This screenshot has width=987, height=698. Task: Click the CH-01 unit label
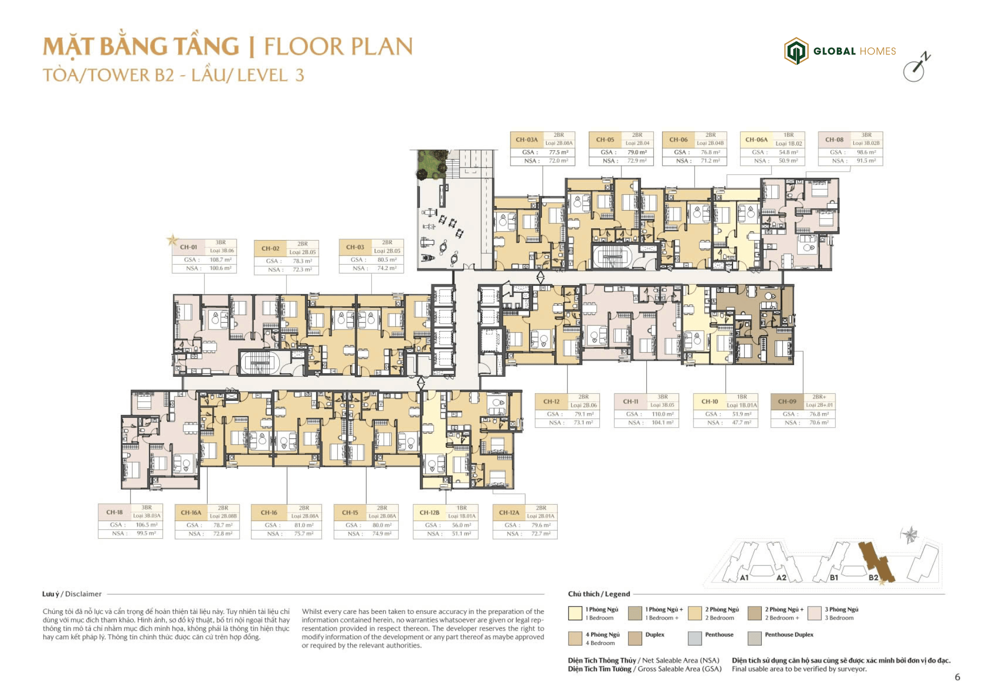pos(188,247)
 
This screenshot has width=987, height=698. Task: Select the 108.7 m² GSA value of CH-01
pos(220,260)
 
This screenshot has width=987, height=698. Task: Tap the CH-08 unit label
pos(834,139)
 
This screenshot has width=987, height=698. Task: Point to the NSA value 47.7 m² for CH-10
pos(741,423)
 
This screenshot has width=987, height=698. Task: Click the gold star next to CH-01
pos(172,240)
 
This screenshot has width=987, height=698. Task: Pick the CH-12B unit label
pos(429,512)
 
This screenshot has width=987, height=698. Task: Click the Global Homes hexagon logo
pos(795,51)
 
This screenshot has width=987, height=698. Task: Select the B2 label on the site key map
pos(873,577)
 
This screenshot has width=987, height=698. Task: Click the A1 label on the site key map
pos(744,577)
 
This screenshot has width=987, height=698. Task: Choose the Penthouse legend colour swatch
pos(694,638)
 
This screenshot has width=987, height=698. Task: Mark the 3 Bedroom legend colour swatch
pos(814,613)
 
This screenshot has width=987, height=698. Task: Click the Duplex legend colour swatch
pos(635,638)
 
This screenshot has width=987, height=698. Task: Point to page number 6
pos(957,677)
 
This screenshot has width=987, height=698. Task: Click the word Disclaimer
pos(83,594)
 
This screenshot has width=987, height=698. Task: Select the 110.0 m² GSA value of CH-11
pos(662,414)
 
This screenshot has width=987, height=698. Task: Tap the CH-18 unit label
pos(114,512)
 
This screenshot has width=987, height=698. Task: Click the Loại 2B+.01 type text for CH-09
pos(819,405)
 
